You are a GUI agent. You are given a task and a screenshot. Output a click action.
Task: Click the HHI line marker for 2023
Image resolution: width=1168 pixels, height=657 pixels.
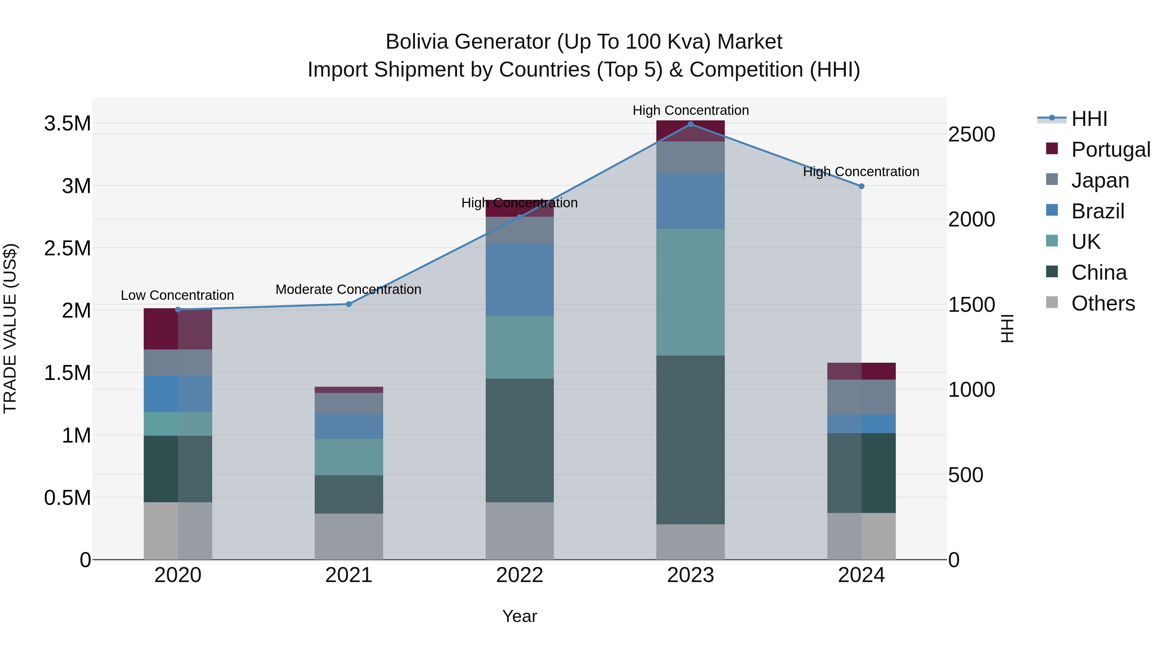[690, 124]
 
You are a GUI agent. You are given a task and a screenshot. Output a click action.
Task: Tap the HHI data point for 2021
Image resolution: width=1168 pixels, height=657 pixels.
[349, 304]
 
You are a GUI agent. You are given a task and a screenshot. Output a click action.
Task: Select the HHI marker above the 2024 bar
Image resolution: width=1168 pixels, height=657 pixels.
[861, 186]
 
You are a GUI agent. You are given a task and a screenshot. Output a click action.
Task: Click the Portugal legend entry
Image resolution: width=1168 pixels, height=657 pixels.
[1111, 150]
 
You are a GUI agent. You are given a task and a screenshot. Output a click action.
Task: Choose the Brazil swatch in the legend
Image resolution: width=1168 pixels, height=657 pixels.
[1052, 210]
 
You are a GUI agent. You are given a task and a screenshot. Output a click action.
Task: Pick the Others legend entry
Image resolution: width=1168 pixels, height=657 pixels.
[1103, 303]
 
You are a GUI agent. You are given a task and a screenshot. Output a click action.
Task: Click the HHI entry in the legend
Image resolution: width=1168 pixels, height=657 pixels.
[1089, 119]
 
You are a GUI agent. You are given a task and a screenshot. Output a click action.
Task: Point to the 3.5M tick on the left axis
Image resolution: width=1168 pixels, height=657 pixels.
[67, 123]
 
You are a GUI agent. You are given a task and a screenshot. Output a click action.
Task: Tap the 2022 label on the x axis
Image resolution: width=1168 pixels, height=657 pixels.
[520, 575]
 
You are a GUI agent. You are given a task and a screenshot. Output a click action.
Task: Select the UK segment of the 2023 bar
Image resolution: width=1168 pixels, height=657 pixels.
[690, 292]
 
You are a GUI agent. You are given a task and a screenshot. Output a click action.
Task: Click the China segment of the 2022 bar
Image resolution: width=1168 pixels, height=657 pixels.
[520, 440]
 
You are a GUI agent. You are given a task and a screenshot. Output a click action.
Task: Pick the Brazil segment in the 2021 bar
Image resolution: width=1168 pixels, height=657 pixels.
[349, 427]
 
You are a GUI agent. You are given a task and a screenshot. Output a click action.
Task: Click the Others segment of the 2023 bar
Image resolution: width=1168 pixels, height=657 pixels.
[690, 542]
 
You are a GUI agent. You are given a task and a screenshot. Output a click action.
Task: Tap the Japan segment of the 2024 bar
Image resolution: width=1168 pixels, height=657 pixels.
[861, 397]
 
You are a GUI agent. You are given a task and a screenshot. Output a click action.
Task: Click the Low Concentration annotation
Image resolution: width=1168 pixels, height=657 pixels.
[177, 295]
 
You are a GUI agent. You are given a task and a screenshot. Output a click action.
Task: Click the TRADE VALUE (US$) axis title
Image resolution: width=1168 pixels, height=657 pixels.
[10, 328]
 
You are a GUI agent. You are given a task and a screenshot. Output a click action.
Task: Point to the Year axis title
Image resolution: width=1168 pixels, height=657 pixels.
[520, 616]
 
